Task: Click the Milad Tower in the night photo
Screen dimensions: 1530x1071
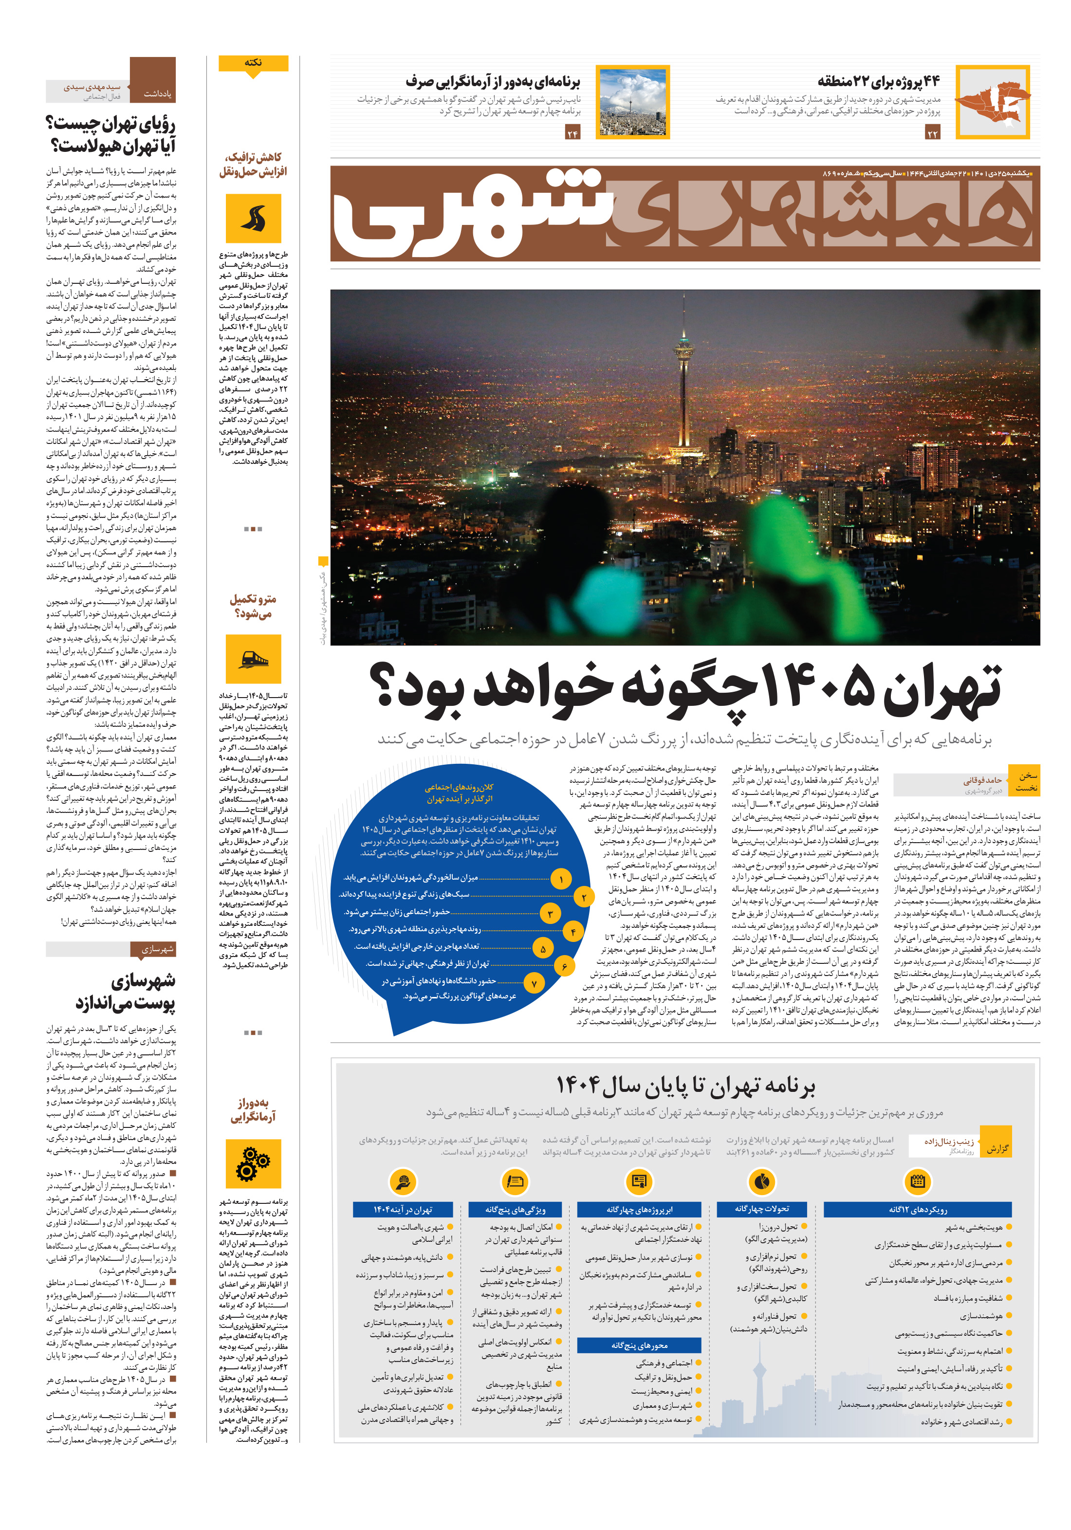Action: pyautogui.click(x=682, y=373)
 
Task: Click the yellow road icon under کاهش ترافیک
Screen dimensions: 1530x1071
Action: pyautogui.click(x=253, y=219)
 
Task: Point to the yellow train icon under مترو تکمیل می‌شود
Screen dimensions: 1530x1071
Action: pyautogui.click(x=253, y=658)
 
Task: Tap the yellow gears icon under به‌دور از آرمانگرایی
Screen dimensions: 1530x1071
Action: pyautogui.click(x=253, y=1163)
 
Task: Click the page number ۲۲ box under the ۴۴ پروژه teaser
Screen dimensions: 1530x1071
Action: pyautogui.click(x=932, y=134)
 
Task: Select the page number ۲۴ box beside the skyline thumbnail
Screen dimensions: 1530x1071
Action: pyautogui.click(x=572, y=134)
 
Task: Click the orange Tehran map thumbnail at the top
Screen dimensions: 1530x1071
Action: pyautogui.click(x=992, y=102)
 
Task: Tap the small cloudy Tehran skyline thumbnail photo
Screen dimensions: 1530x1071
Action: pyautogui.click(x=632, y=102)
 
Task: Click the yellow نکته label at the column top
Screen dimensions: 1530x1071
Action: pyautogui.click(x=253, y=63)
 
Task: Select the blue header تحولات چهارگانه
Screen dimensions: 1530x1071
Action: pyautogui.click(x=762, y=1209)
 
